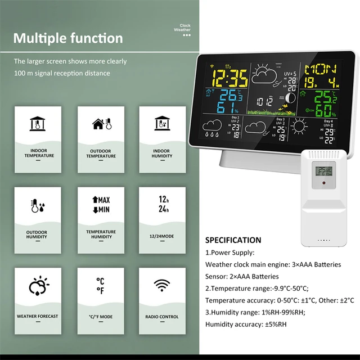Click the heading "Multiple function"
(x=68, y=38)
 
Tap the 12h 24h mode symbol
(x=162, y=205)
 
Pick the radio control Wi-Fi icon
(x=162, y=286)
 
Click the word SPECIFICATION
(x=233, y=240)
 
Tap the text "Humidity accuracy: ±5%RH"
(x=246, y=324)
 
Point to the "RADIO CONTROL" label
(x=162, y=317)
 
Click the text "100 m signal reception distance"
(x=62, y=73)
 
